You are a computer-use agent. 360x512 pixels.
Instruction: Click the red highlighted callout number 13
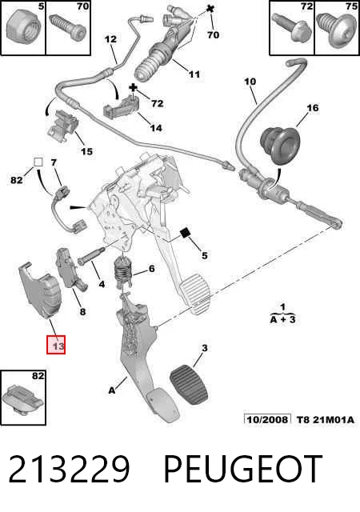pos(56,345)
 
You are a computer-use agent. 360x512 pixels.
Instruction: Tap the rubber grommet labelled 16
pos(280,144)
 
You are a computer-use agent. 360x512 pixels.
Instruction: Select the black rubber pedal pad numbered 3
pos(189,385)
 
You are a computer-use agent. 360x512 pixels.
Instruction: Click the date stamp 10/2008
pos(267,419)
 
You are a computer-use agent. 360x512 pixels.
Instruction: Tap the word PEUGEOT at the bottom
pos(242,469)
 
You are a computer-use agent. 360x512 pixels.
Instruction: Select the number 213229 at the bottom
pos(69,469)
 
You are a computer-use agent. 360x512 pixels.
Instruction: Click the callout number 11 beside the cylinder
pos(194,74)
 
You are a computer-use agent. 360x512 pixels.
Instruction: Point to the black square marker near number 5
pos(186,233)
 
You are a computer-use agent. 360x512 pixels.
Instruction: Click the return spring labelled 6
pos(123,272)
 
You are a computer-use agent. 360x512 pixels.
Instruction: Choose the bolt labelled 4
pos(91,256)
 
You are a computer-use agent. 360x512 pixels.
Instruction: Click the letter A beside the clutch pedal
pos(112,390)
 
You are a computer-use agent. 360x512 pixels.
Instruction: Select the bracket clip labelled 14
pos(121,105)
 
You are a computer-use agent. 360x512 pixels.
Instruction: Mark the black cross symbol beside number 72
pos(133,87)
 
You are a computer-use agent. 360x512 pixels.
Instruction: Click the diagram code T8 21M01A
pos(326,419)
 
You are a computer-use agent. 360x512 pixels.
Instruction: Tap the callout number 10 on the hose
pos(250,82)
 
